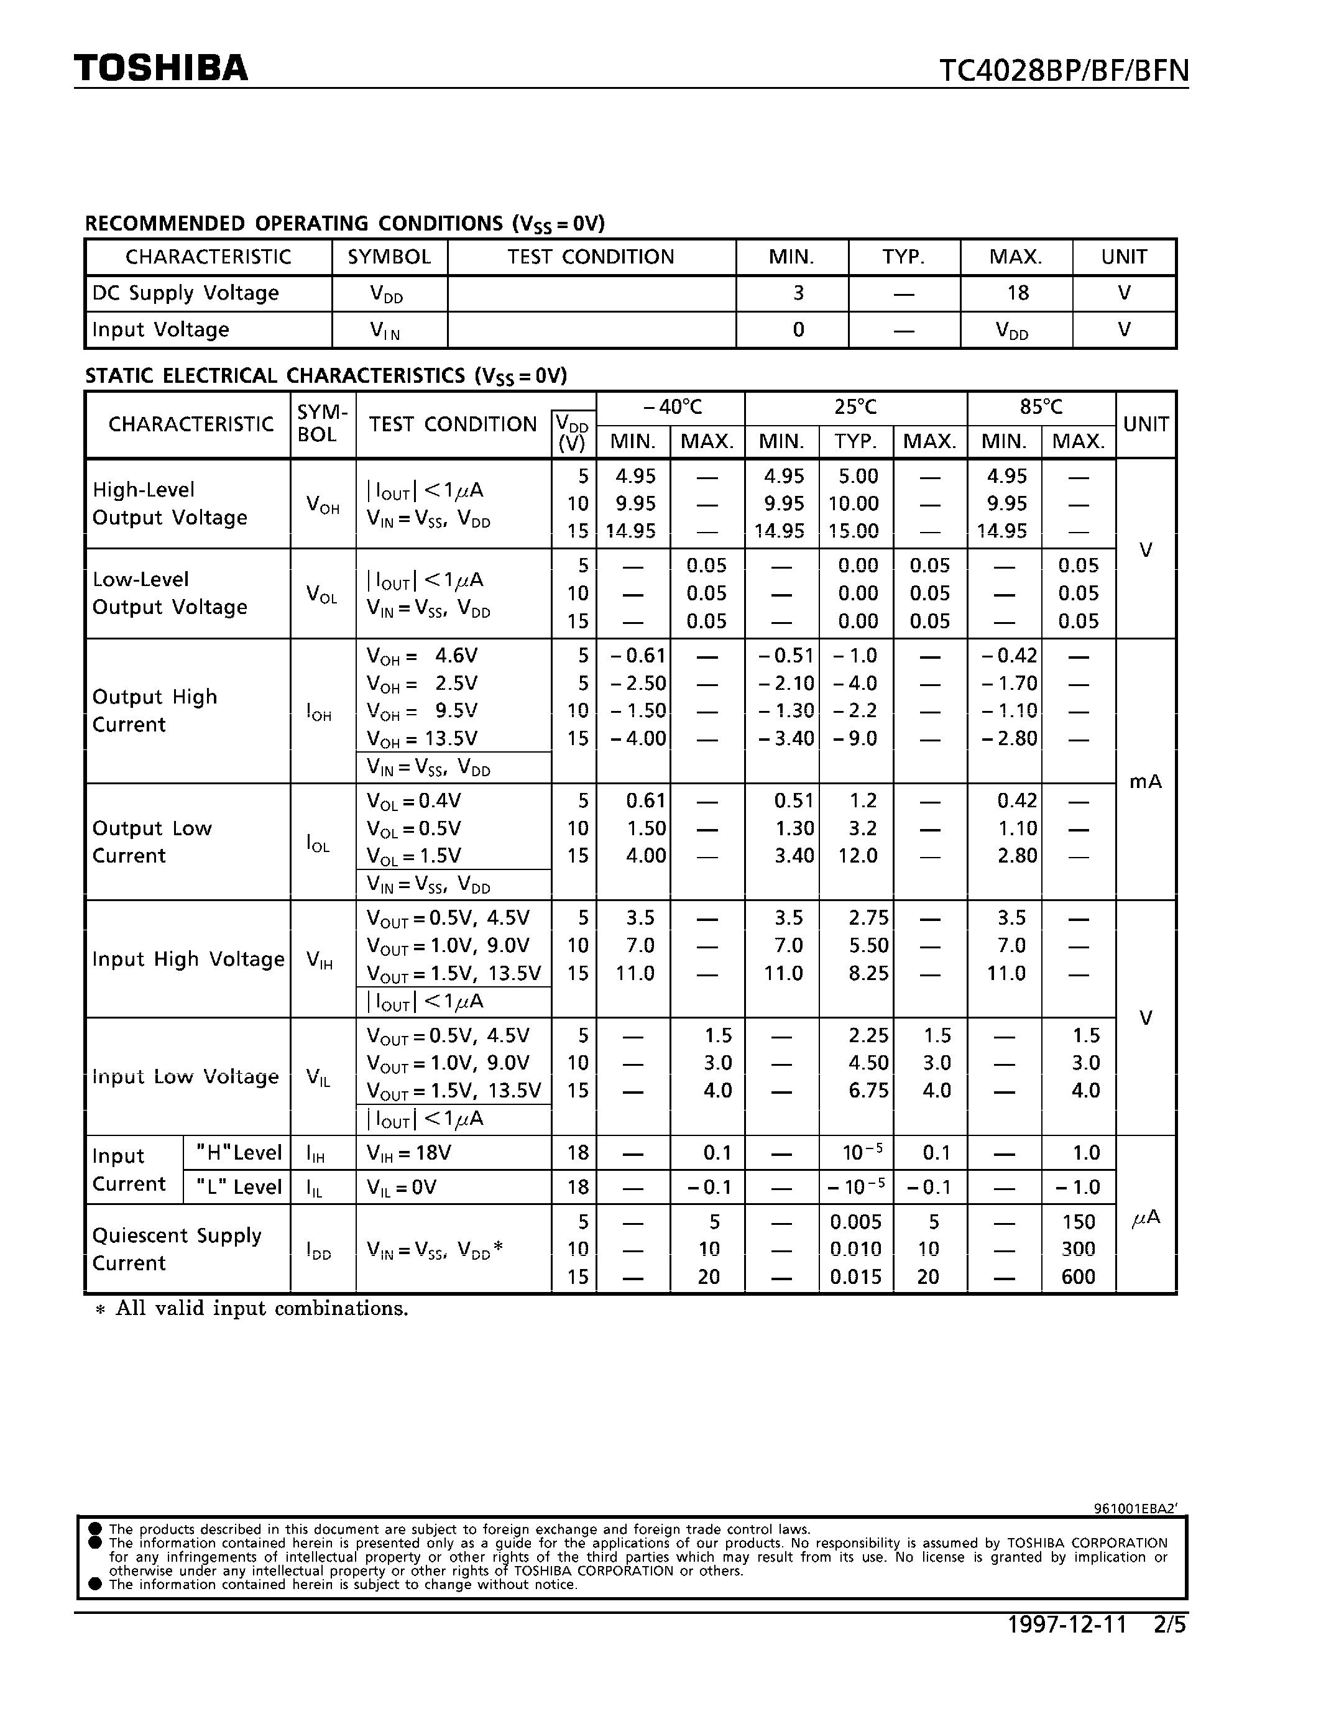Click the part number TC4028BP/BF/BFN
(1064, 71)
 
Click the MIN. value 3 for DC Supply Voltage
(798, 293)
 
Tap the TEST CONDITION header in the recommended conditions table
(590, 257)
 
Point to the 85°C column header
(1041, 408)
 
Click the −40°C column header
(671, 408)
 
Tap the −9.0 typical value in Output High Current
(854, 739)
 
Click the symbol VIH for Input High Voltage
(320, 960)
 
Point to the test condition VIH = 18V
(408, 1153)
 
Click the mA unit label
(1145, 782)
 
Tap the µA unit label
(1146, 1219)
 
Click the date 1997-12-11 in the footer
(1067, 1625)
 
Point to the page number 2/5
(1169, 1625)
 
